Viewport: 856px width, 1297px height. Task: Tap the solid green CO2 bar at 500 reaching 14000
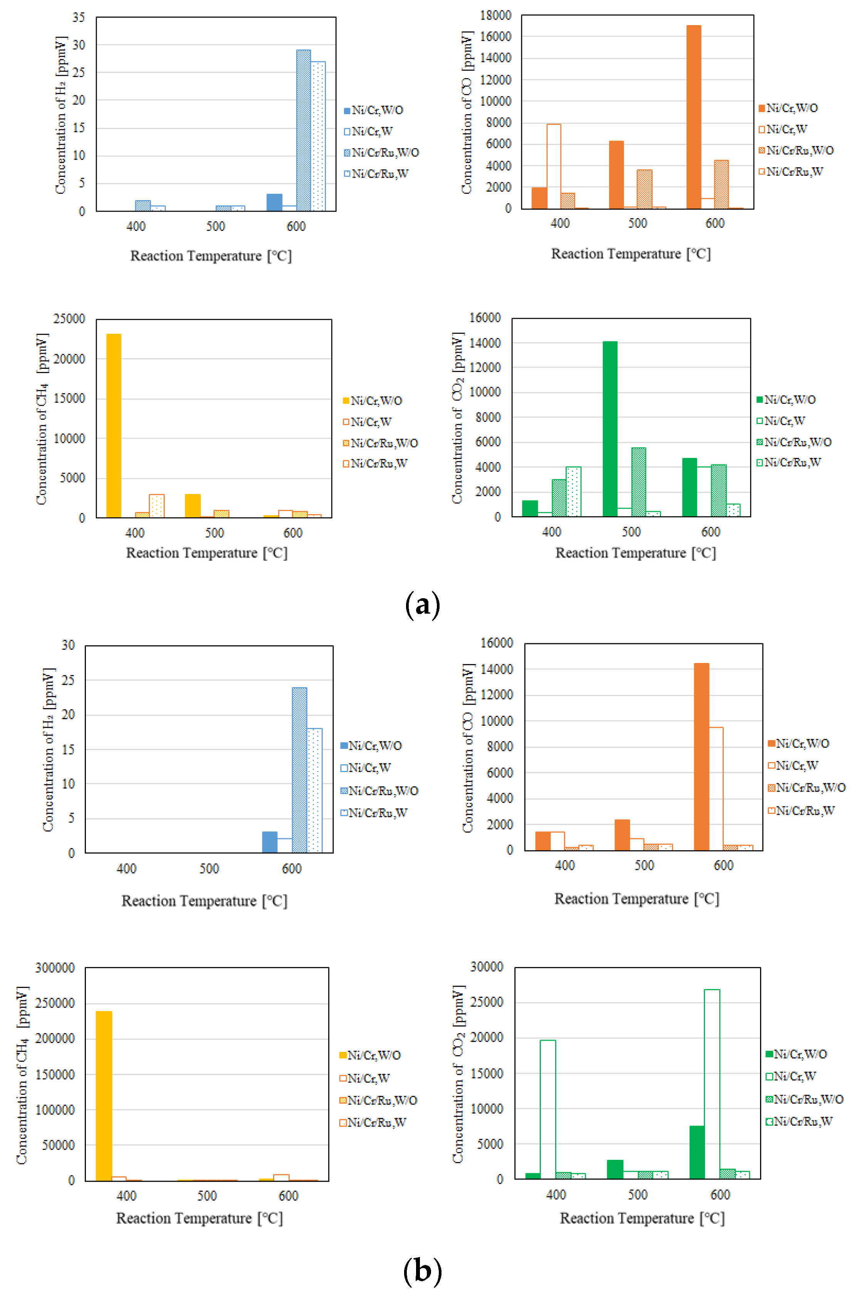pyautogui.click(x=610, y=429)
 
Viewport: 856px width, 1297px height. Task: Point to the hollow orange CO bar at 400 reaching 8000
pyautogui.click(x=554, y=166)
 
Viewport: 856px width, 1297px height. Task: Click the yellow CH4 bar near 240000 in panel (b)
pyautogui.click(x=104, y=1095)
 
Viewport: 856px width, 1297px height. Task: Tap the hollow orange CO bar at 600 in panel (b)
pyautogui.click(x=716, y=789)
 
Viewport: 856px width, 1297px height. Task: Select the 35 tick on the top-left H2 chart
pyautogui.click(x=79, y=17)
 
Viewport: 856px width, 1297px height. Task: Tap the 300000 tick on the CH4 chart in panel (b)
pyautogui.click(x=55, y=968)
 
